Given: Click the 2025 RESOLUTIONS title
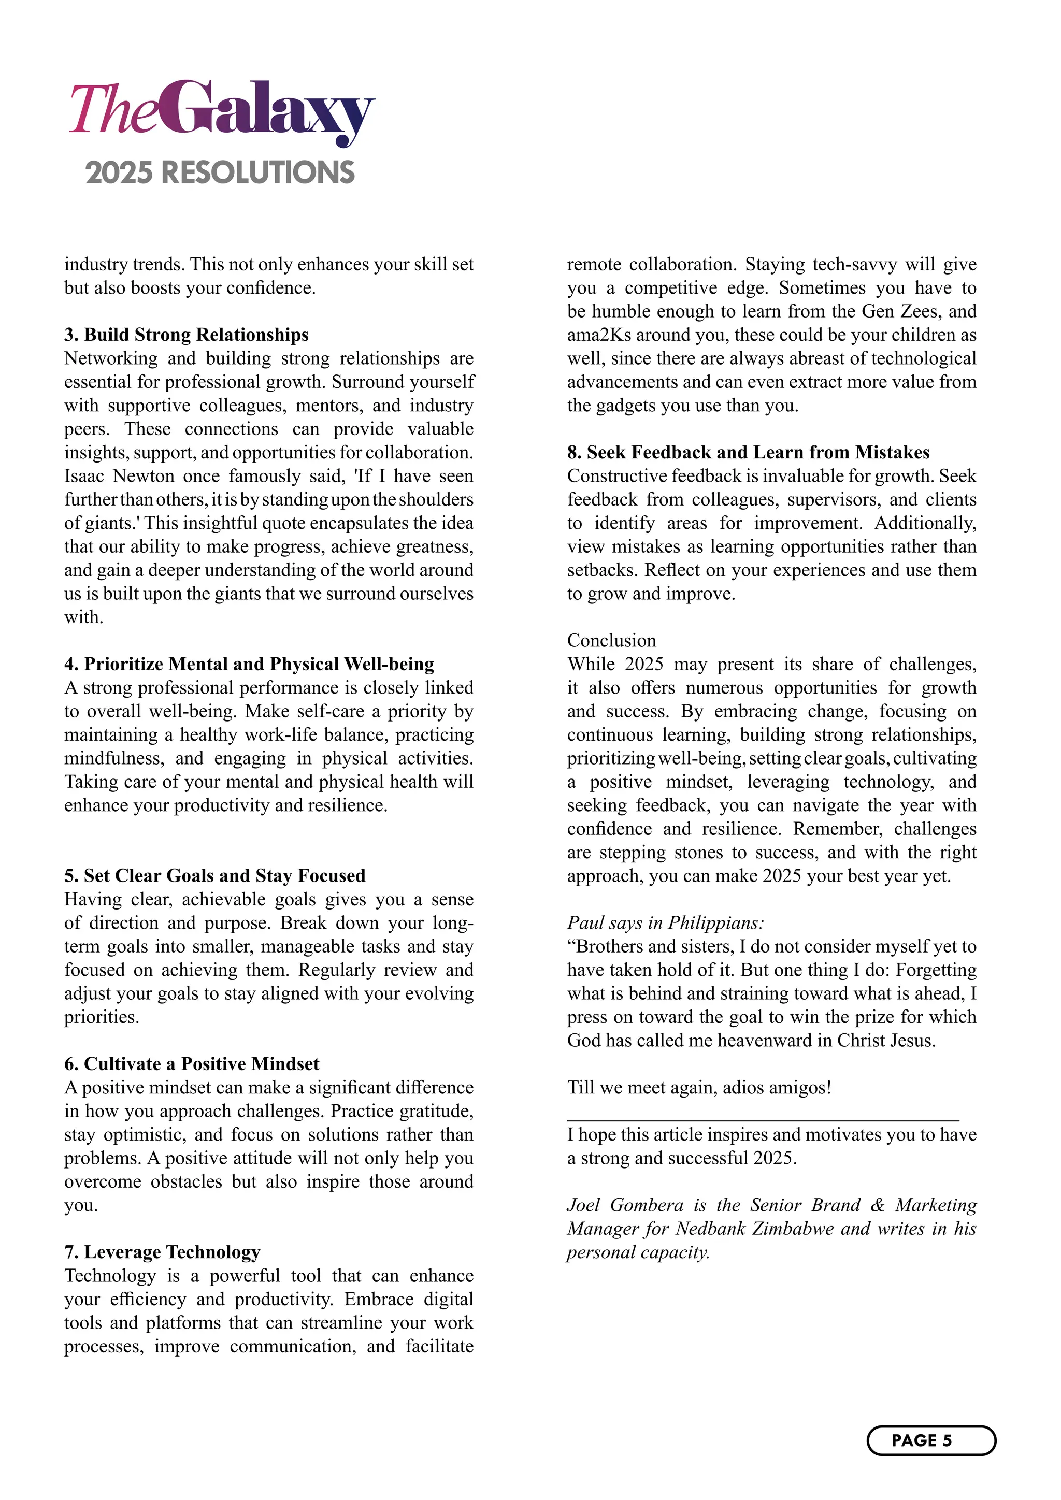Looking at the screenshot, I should coord(220,172).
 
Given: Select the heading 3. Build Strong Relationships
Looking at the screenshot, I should coord(186,335).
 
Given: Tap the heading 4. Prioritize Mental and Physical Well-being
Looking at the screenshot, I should coord(249,664).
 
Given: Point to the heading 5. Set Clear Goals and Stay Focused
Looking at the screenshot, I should coord(215,875).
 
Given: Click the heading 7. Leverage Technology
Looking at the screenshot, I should coord(162,1252).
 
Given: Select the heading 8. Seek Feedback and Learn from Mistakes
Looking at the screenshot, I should coord(748,452).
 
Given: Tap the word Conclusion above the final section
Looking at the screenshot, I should coord(611,640).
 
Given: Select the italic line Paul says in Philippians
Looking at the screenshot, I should coord(665,922).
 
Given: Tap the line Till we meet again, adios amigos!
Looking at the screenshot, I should coord(699,1087).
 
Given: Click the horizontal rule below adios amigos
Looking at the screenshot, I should coord(763,1120).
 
